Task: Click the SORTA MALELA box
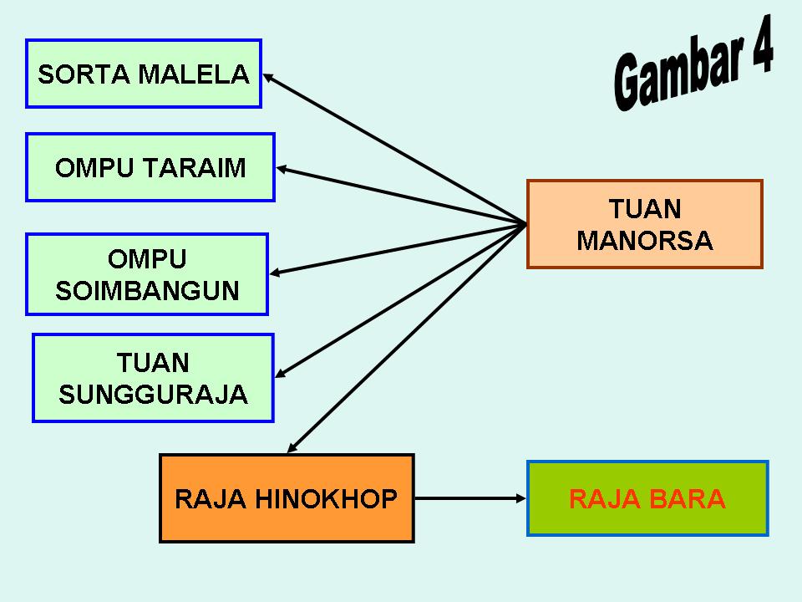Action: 144,74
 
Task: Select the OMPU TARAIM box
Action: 150,167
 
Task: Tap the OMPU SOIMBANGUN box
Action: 147,274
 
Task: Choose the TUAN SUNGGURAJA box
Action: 154,378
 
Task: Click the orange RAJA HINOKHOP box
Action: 287,498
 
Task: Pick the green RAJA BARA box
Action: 647,498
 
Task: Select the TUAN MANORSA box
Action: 645,224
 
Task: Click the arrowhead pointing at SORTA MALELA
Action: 269,77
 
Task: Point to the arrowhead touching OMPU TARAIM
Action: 282,169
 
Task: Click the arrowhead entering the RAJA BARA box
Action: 520,498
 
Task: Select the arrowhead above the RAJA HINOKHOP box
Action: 292,448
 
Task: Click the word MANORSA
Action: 645,241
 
